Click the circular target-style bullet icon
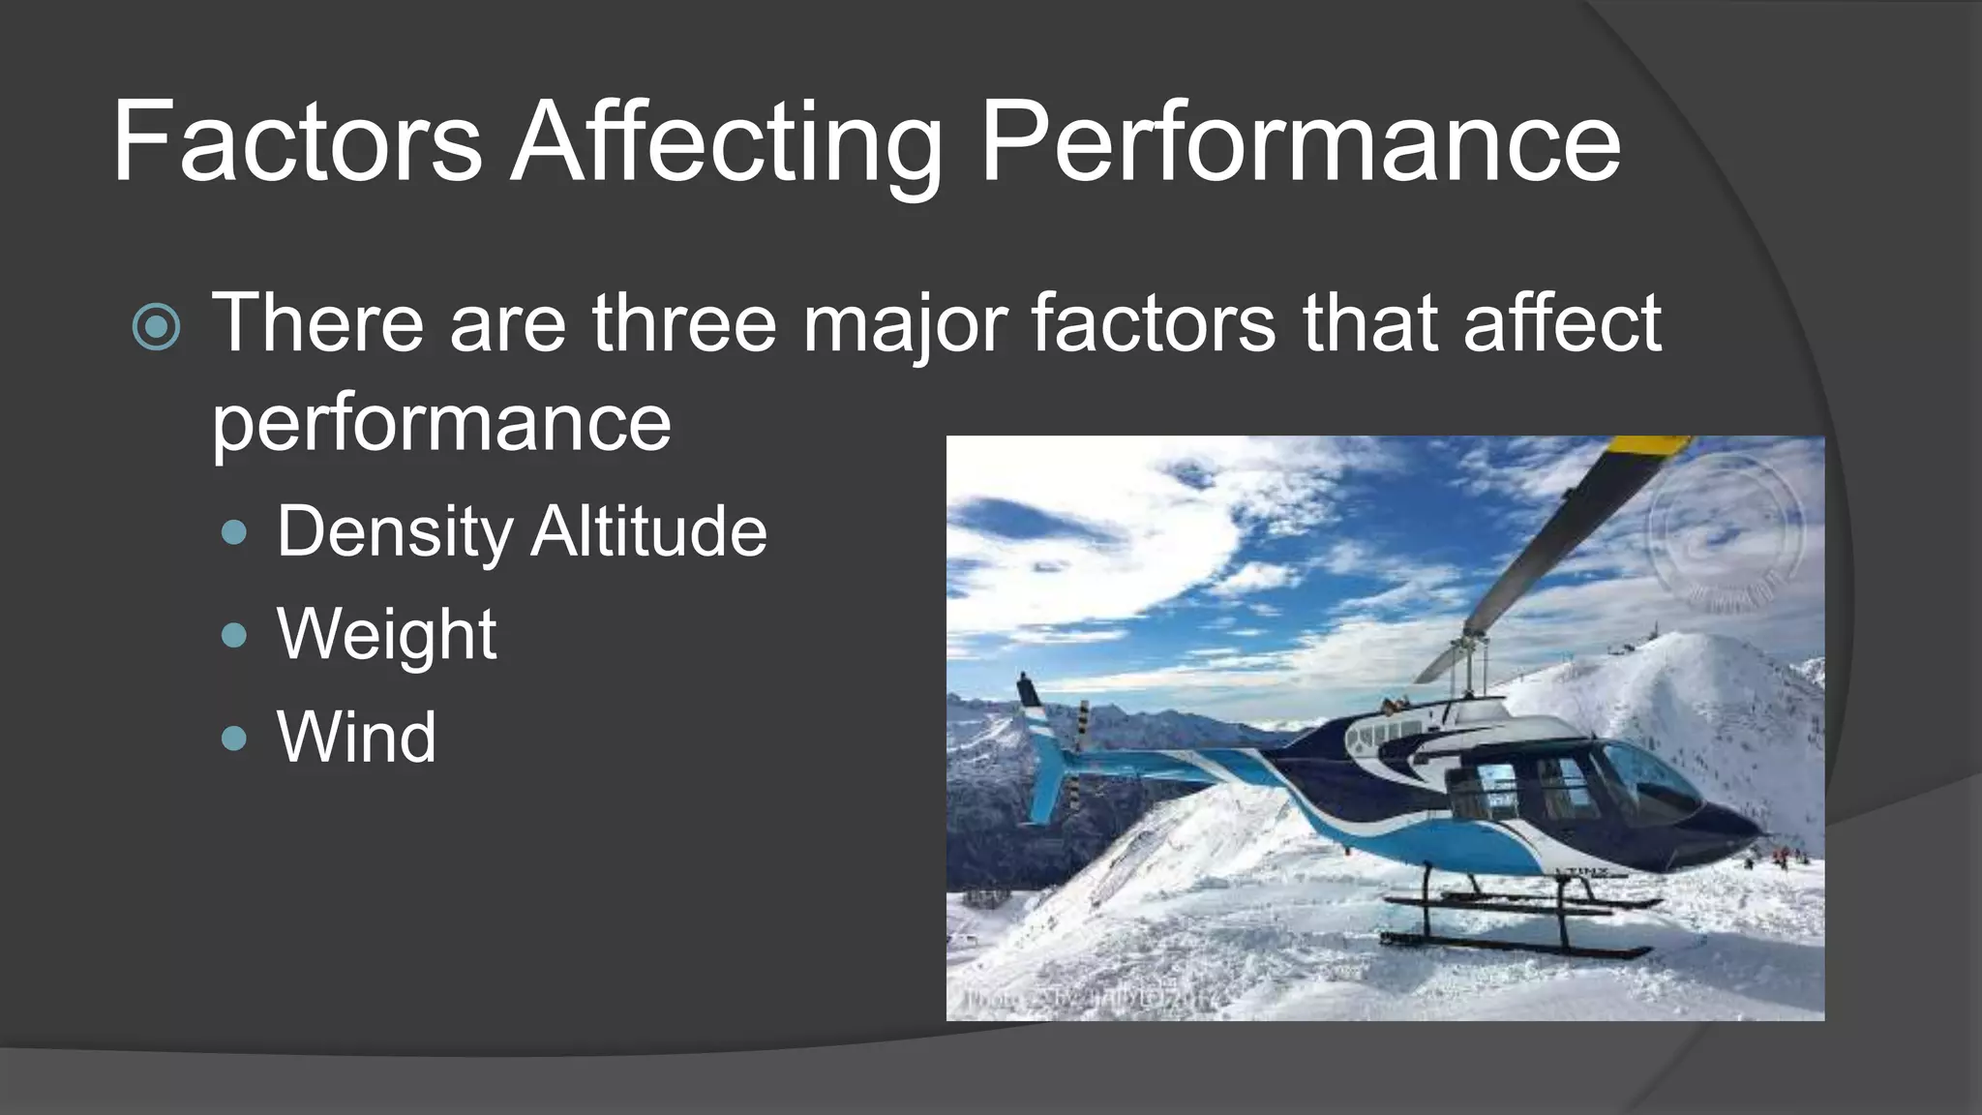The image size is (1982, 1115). (x=156, y=326)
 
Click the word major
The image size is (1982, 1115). (x=905, y=325)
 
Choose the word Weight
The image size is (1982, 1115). (x=386, y=635)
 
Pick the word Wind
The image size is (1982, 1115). (x=356, y=738)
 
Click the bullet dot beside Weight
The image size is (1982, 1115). (x=234, y=635)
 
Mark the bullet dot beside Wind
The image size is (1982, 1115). (x=234, y=738)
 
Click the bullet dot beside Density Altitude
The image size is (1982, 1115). (x=234, y=531)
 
